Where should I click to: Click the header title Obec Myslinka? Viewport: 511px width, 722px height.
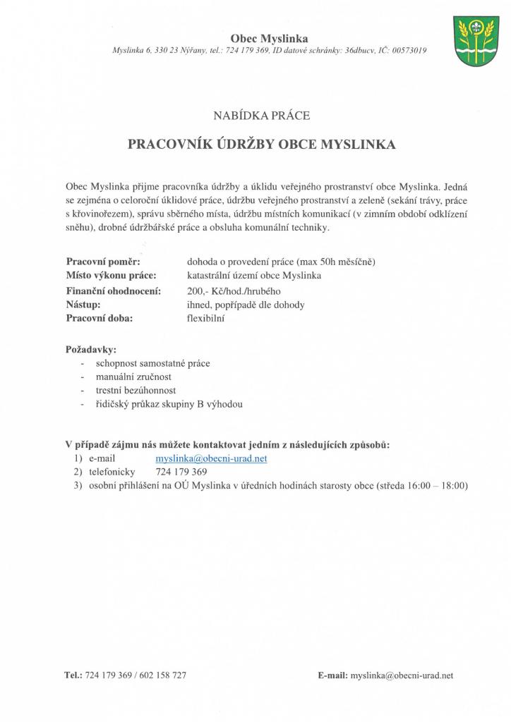(x=269, y=38)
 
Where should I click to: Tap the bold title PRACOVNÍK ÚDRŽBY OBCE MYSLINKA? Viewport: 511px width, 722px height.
(x=261, y=145)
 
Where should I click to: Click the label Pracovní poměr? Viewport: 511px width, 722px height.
(x=103, y=262)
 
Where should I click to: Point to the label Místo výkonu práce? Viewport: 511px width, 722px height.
(x=111, y=276)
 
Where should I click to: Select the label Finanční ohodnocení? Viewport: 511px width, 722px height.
(x=113, y=290)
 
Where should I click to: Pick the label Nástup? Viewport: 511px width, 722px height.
(x=83, y=305)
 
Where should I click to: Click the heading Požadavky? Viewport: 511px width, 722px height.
(x=91, y=349)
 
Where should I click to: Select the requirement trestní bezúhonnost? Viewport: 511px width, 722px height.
(x=136, y=390)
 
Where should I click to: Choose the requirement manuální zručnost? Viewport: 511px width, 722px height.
(x=133, y=377)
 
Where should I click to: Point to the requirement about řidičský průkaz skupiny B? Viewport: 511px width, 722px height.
(x=169, y=404)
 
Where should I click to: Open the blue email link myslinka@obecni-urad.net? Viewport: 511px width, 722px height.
(x=211, y=458)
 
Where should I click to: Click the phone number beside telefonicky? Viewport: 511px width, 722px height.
(x=181, y=472)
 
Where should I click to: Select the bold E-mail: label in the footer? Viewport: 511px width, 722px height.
(x=332, y=675)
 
